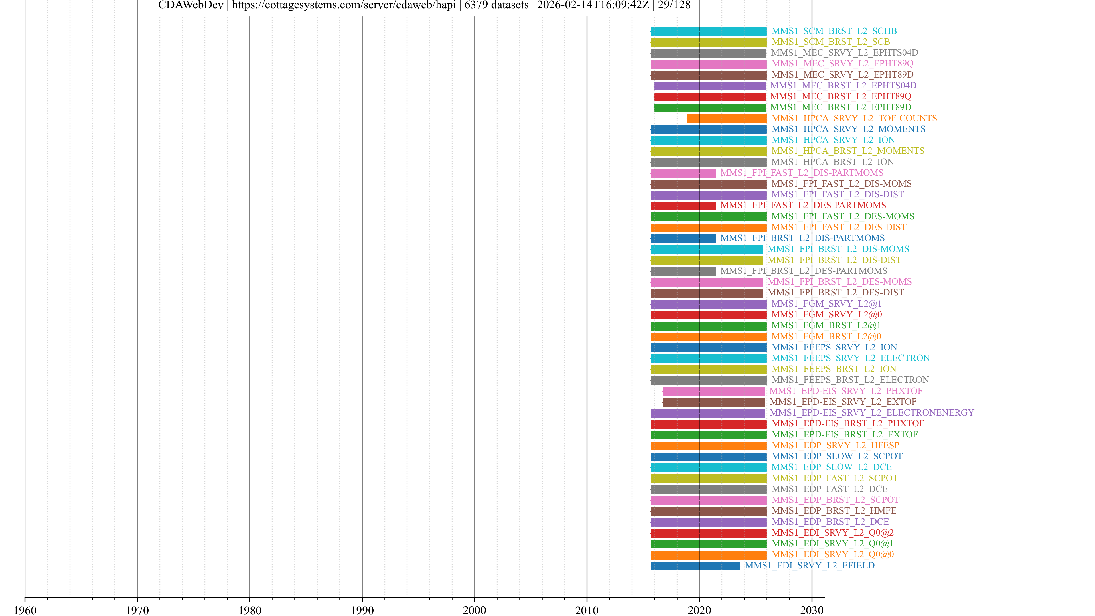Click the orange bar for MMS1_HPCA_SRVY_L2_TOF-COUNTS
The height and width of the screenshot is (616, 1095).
point(727,119)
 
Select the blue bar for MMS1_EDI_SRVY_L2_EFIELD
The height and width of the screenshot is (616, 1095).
point(695,566)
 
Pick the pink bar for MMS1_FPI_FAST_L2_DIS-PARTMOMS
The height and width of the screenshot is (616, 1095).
point(683,173)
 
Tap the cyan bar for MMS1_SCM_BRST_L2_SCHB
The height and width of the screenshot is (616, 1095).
point(709,31)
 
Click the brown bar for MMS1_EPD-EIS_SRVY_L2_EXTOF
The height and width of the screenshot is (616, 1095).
point(713,402)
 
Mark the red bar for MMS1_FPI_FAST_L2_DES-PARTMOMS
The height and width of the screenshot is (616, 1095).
point(683,206)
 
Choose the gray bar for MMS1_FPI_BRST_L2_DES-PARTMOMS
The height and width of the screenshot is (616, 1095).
point(683,271)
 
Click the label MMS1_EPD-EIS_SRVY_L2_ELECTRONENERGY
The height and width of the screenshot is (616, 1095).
point(871,413)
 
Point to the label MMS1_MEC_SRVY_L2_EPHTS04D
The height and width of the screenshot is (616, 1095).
point(844,53)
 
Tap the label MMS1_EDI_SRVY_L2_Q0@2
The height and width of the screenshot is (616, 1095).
point(832,533)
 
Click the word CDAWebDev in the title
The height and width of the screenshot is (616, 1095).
point(190,5)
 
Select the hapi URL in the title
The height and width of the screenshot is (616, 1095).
point(343,5)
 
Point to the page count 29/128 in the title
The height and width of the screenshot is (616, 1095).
point(674,5)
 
